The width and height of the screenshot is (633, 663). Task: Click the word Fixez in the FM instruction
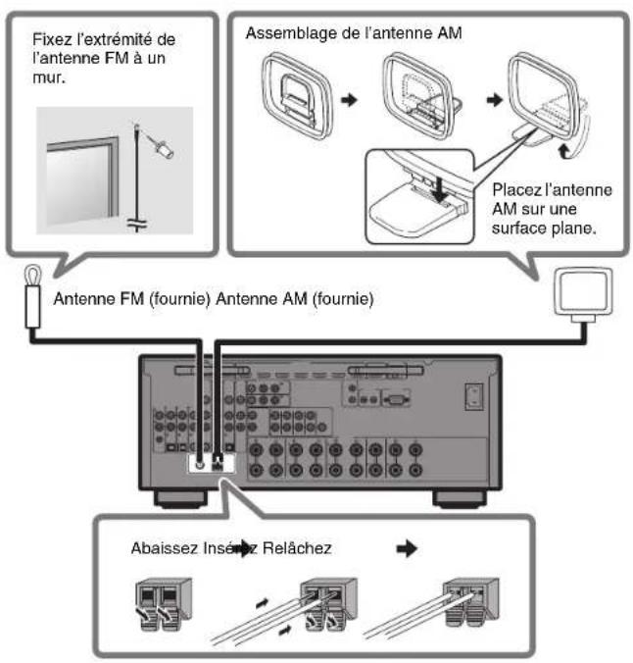point(52,39)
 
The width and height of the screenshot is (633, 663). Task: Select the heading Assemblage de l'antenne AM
point(354,33)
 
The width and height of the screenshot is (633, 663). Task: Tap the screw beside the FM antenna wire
point(163,147)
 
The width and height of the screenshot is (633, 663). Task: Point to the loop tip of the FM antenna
point(33,267)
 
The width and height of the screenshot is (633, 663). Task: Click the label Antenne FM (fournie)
point(132,299)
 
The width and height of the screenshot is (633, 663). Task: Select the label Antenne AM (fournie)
point(295,299)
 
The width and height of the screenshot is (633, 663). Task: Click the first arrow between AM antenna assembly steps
point(349,100)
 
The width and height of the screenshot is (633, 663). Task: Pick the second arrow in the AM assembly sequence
point(495,100)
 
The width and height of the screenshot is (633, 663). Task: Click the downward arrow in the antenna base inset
point(440,189)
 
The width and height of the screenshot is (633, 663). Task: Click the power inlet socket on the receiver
point(474,396)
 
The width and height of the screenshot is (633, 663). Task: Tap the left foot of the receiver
point(181,499)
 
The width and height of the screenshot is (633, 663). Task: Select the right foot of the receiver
point(460,499)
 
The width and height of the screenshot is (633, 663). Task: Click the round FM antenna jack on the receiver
point(200,465)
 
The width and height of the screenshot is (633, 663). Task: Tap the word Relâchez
point(297,548)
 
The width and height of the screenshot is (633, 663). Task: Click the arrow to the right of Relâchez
point(407,549)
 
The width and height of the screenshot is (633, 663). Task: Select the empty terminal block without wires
point(164,604)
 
